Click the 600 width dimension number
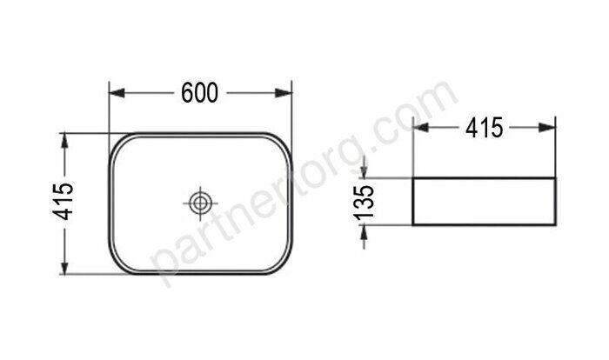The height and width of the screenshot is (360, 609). click(199, 92)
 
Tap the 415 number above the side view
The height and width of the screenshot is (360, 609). click(484, 129)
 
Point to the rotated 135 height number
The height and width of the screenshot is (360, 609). click(365, 201)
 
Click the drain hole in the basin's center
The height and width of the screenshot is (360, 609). click(200, 203)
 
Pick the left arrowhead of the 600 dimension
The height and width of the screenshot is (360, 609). click(114, 92)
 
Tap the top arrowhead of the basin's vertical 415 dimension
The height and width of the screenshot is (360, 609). click(64, 138)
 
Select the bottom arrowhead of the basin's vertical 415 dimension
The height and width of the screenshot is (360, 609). click(64, 269)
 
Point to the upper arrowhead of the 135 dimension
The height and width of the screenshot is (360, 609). click(365, 173)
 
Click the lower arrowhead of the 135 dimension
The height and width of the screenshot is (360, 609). click(365, 230)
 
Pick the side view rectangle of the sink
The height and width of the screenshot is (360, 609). click(484, 201)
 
